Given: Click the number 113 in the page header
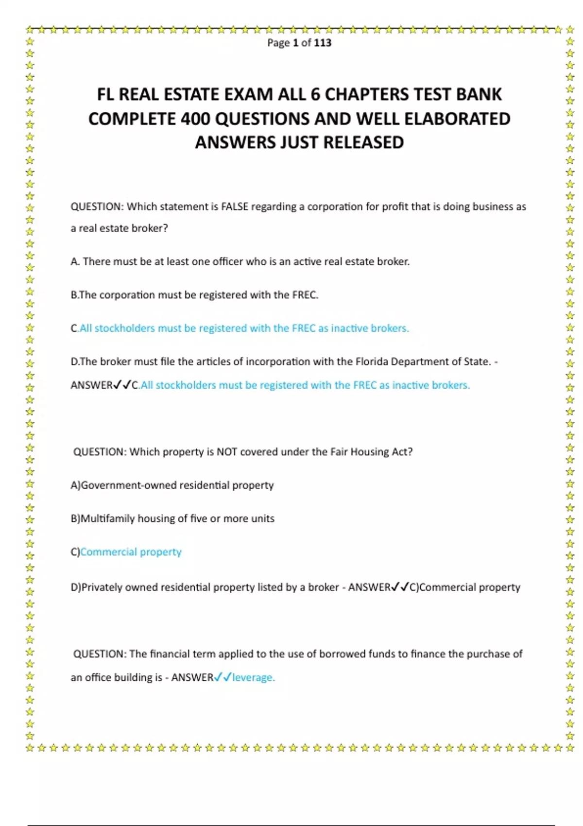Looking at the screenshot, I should tap(323, 43).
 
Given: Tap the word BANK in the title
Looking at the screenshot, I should tap(479, 94).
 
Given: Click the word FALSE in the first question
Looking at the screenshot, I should tap(235, 206).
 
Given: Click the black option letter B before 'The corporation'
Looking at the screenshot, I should tap(74, 295).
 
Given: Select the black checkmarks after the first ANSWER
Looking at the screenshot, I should tap(122, 385).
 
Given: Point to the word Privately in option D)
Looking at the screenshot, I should tap(102, 587).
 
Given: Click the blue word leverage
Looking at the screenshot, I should tap(253, 677).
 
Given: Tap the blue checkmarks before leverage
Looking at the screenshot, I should tap(223, 677).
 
